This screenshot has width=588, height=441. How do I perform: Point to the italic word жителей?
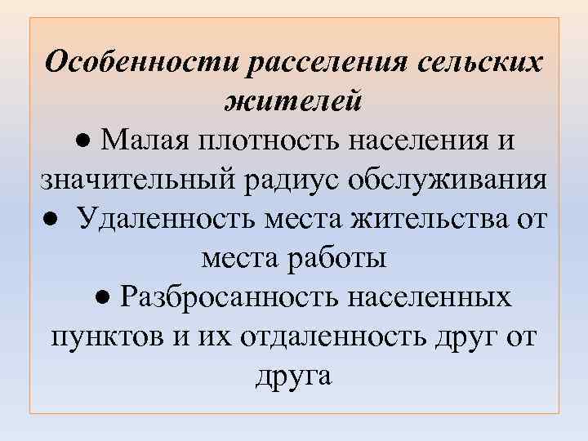[293, 102]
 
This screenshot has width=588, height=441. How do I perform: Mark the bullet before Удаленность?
[52, 220]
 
